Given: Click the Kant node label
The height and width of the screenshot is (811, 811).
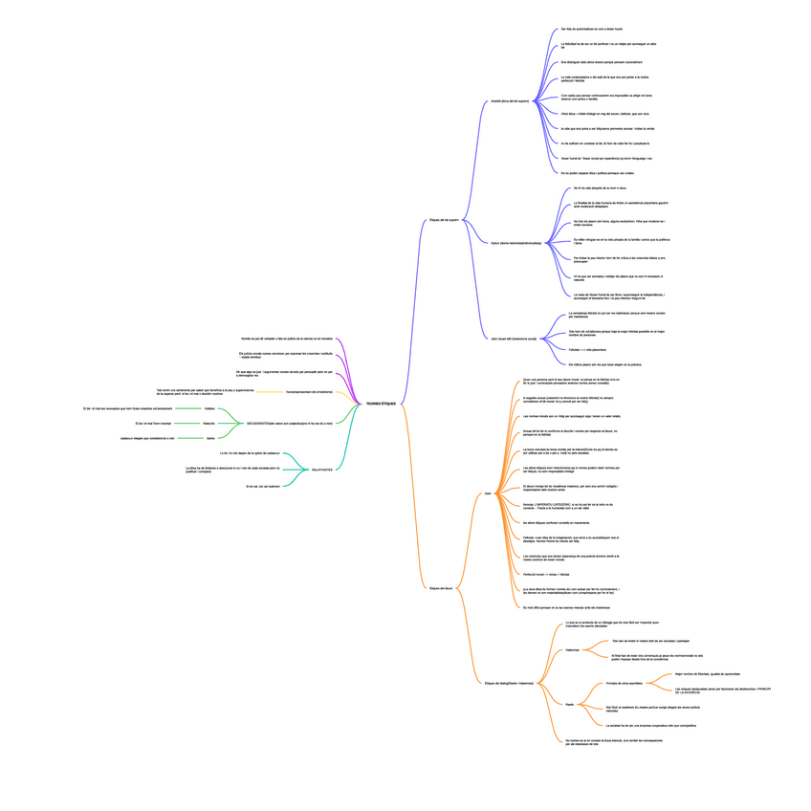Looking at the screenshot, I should [488, 494].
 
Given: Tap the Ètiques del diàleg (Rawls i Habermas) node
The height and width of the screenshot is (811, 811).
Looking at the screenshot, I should [509, 684].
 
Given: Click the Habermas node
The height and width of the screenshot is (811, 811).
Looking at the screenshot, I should [572, 649].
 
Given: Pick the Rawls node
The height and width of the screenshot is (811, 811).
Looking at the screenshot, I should [569, 705].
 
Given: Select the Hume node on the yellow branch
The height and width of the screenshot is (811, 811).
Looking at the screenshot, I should [308, 392].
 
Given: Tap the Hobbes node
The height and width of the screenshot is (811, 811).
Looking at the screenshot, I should [209, 408].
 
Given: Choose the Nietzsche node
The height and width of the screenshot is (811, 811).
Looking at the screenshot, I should [208, 423].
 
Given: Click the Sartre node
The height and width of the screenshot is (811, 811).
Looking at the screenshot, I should [210, 438].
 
